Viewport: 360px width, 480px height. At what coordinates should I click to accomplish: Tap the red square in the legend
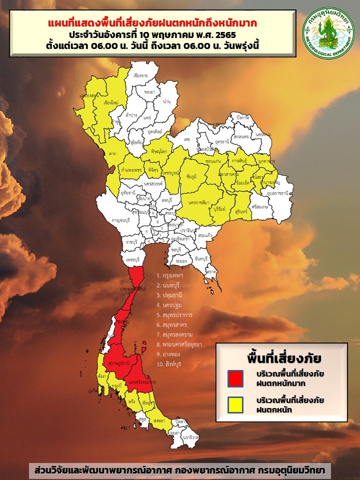pyautogui.click(x=235, y=378)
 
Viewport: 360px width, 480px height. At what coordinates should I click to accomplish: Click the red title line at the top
pyautogui.click(x=153, y=23)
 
